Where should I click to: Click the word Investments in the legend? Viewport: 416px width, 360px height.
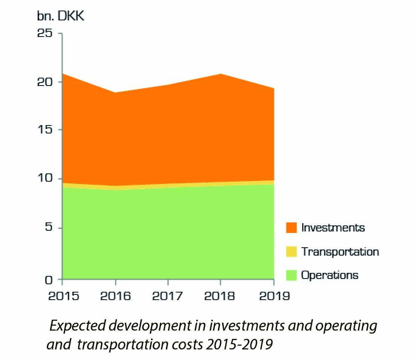coord(333,228)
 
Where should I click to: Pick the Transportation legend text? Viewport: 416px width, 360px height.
coord(340,251)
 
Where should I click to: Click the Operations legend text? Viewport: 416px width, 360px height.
coord(330,275)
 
